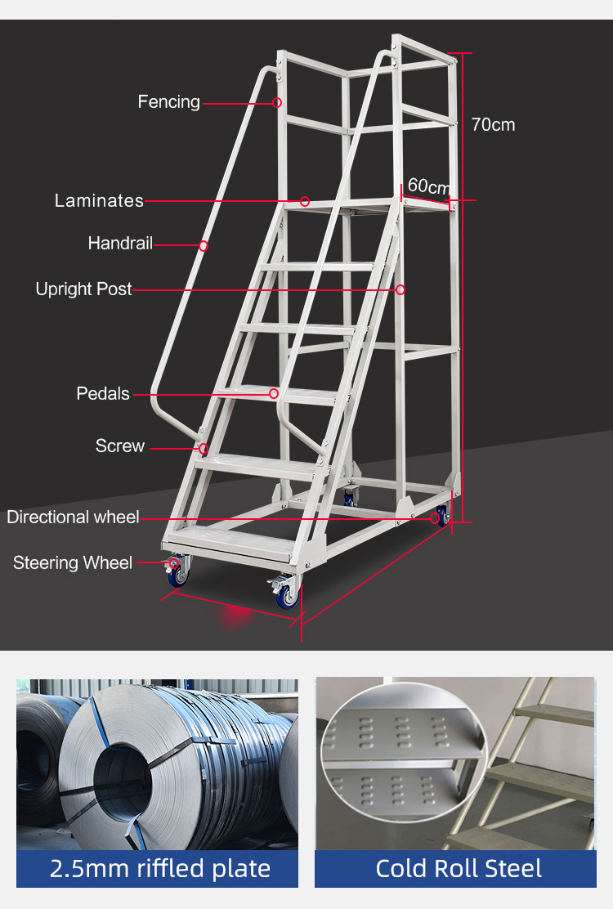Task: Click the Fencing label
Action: coord(168,102)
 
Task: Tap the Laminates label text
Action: coord(99,200)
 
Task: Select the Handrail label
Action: coord(120,243)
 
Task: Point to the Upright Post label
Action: coord(83,289)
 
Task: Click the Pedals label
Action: coord(103,394)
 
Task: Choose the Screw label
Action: coord(120,446)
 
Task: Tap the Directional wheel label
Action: coord(73,517)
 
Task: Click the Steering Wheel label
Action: coord(73,563)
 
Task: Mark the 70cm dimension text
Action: coord(493,124)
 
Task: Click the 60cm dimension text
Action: coord(429,186)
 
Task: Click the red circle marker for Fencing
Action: coord(277,103)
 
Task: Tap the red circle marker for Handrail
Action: coord(204,246)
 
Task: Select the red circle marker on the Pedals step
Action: coord(274,394)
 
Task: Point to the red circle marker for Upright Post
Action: coord(400,289)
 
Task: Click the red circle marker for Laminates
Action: coord(305,202)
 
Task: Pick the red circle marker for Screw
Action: coord(204,449)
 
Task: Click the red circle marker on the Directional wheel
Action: coord(435,519)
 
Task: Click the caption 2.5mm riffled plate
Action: coord(160,868)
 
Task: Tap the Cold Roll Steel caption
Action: coord(459,868)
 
